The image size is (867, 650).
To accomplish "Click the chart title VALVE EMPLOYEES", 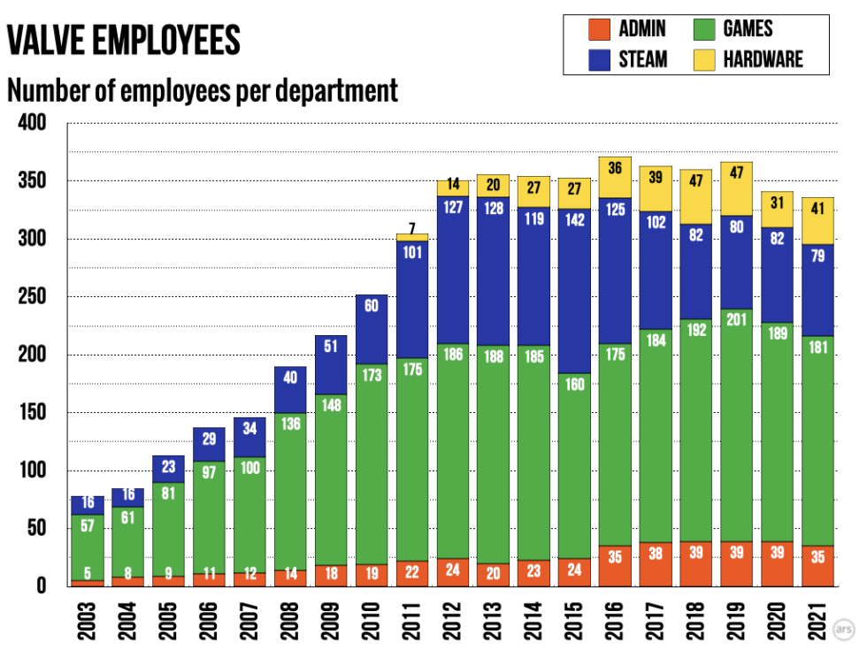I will coord(124,40).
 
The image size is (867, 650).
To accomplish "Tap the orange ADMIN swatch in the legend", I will coord(599,29).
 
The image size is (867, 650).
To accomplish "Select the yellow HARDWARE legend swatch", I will coord(703,59).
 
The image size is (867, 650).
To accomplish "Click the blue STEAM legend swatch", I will coord(599,59).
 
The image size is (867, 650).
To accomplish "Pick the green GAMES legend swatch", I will coord(703,29).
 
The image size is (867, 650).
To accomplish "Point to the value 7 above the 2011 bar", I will coord(412,228).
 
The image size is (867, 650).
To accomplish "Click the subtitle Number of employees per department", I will coord(203,90).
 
